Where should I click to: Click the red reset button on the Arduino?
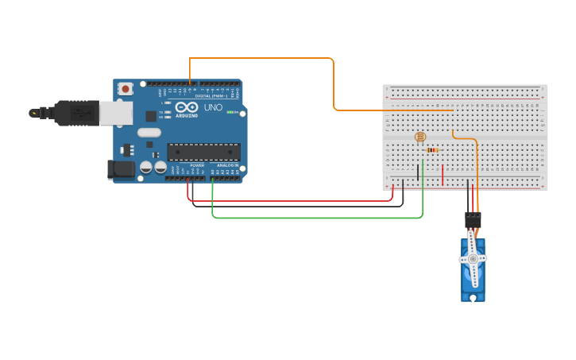point(126,90)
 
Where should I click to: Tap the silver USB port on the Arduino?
point(116,114)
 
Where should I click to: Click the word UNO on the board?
point(213,108)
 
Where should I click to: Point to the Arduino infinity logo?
point(187,107)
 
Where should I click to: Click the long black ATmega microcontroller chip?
point(203,151)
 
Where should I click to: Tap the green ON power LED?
point(230,112)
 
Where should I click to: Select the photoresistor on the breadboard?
point(420,137)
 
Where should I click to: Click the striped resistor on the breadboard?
point(432,149)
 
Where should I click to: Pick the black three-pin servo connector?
point(474,219)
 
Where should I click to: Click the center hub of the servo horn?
point(473,259)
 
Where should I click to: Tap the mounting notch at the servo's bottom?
point(474,297)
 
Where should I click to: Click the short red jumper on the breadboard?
point(443,174)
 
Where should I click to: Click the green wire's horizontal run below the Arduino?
point(318,217)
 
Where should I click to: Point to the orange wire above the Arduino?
point(262,58)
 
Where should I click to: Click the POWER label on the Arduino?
point(197,165)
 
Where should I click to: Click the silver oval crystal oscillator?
point(149,133)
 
